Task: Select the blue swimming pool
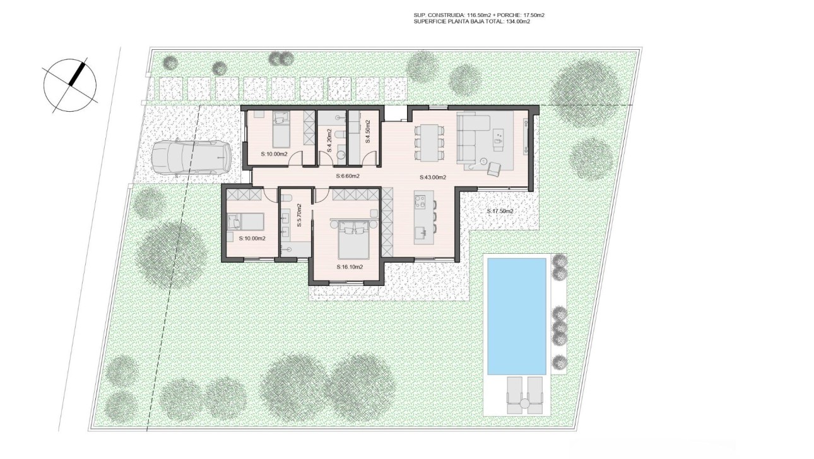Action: click(x=515, y=315)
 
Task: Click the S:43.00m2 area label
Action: click(x=434, y=177)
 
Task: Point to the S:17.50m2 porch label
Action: click(x=500, y=211)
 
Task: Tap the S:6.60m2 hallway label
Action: click(x=348, y=176)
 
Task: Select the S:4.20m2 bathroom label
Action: click(x=329, y=140)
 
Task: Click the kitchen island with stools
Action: click(x=422, y=218)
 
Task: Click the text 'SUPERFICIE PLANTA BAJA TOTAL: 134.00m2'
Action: click(x=471, y=21)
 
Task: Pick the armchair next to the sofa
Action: click(x=493, y=167)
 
